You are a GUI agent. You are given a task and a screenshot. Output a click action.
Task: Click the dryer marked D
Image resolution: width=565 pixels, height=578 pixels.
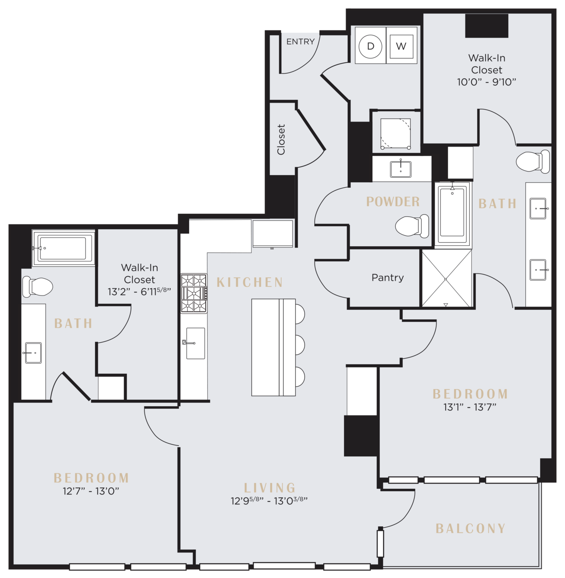(x=370, y=46)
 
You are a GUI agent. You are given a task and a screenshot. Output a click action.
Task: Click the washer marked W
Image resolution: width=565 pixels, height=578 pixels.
(x=401, y=46)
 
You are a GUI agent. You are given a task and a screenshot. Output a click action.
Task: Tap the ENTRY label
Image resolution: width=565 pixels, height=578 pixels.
(x=300, y=41)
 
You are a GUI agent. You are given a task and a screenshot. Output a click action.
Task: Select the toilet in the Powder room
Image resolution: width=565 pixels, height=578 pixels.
(x=412, y=226)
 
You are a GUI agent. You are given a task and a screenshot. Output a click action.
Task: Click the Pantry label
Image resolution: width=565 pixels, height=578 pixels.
(x=388, y=277)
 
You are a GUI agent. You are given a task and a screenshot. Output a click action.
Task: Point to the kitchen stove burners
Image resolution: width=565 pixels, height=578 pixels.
(x=194, y=293)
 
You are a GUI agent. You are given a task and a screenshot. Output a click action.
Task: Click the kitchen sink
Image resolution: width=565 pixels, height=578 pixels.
(x=195, y=344)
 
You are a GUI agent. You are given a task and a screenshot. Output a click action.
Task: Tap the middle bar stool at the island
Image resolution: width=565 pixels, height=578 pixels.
(x=300, y=345)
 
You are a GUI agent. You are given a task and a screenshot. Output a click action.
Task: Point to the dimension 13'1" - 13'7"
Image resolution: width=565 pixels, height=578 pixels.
(x=470, y=407)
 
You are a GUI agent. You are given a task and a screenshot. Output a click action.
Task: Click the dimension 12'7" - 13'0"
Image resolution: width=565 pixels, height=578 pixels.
(x=91, y=491)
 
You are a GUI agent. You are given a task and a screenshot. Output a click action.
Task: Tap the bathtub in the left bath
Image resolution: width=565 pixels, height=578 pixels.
(x=64, y=248)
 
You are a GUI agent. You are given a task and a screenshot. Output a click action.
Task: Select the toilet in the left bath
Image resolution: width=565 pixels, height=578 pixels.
(x=38, y=287)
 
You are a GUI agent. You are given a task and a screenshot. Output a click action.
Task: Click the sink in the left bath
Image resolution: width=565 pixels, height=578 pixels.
(x=33, y=353)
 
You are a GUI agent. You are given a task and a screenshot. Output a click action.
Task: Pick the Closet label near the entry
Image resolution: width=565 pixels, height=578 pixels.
(x=281, y=139)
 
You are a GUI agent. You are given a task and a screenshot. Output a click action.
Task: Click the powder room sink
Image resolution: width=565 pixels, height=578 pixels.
(x=401, y=169)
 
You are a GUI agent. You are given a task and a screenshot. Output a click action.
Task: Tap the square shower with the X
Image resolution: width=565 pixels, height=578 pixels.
(x=446, y=279)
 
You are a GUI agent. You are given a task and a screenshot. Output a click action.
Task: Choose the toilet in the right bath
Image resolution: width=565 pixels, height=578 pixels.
(x=533, y=161)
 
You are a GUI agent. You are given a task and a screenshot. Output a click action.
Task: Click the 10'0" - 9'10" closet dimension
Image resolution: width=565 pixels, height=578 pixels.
(x=486, y=82)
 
